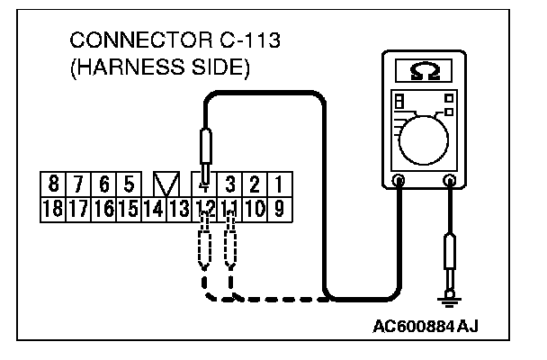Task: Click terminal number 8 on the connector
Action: [x=55, y=185]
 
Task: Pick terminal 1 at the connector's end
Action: [x=279, y=185]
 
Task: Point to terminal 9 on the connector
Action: [x=279, y=211]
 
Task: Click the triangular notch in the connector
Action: [x=166, y=185]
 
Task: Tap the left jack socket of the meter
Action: [x=399, y=181]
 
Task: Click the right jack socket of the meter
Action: [x=448, y=181]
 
